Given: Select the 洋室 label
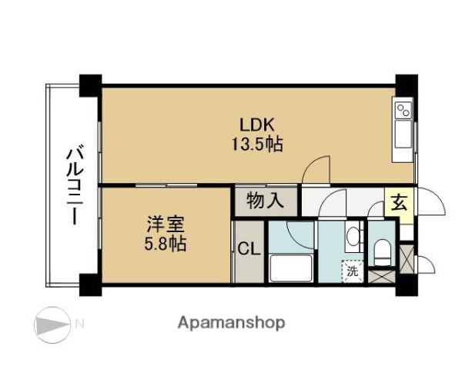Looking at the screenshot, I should (x=167, y=226).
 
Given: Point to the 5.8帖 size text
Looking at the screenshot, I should (x=167, y=245).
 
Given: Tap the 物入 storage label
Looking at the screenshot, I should (x=264, y=202).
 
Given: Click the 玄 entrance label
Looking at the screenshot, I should (x=399, y=203).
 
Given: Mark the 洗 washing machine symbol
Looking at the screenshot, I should (x=352, y=270).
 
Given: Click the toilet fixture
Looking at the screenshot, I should (x=380, y=249).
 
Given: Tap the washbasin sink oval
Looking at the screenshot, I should (x=353, y=236).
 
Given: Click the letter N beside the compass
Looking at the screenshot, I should (x=79, y=323).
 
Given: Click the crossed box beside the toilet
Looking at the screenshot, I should (x=380, y=276).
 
